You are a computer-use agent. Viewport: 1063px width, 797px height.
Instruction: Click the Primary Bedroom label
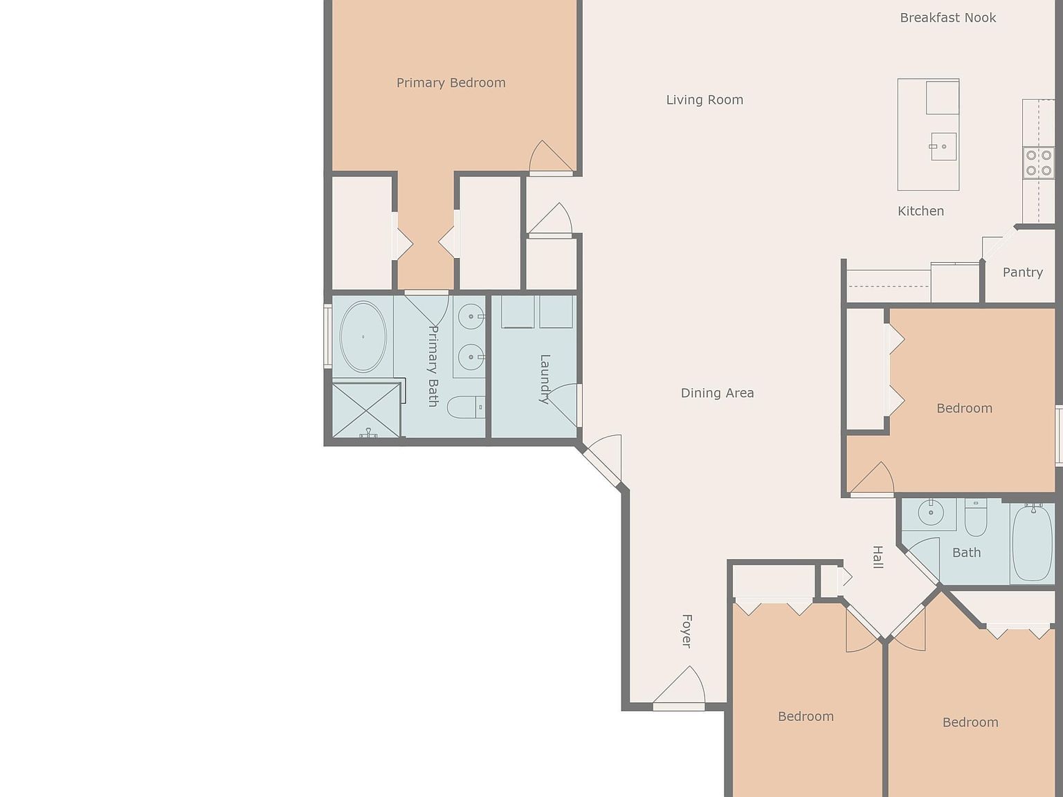point(451,83)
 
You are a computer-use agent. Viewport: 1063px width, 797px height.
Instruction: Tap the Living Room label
point(704,100)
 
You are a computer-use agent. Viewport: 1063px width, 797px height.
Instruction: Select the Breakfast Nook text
point(947,18)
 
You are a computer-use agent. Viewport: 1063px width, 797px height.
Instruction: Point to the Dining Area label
point(717,393)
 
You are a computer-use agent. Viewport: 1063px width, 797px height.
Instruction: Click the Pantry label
point(1022,273)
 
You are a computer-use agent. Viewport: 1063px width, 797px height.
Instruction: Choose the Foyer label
point(687,630)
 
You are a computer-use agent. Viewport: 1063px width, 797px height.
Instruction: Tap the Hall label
point(878,557)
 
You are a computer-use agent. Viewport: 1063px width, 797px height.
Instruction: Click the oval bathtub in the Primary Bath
point(363,337)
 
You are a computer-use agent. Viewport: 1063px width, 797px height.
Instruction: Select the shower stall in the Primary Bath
point(366,411)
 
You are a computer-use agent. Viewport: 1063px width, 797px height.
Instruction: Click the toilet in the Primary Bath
point(466,407)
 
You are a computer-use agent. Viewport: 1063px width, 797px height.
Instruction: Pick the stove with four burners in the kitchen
point(1038,163)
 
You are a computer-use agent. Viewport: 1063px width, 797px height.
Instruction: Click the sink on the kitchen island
point(943,147)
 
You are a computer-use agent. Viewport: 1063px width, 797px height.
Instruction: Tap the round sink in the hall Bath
point(930,513)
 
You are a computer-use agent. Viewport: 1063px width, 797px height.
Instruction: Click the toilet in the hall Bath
point(976,520)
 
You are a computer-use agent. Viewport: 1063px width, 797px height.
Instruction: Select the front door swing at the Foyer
point(680,688)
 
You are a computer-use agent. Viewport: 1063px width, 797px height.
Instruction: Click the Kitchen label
point(920,211)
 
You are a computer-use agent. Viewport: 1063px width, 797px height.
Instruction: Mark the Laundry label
point(545,378)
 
